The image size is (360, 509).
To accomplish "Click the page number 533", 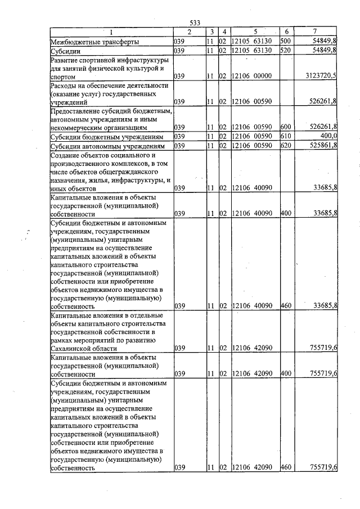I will (x=195, y=22).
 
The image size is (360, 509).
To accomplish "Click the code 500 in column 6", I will (x=285, y=42).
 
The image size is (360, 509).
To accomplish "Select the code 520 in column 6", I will (x=285, y=51).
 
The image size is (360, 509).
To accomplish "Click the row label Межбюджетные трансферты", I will (x=95, y=42).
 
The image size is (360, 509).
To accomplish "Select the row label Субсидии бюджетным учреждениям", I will (x=107, y=136).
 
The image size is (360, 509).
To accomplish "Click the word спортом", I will (x=62, y=76).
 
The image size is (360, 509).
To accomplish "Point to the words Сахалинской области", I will (x=80, y=349).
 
